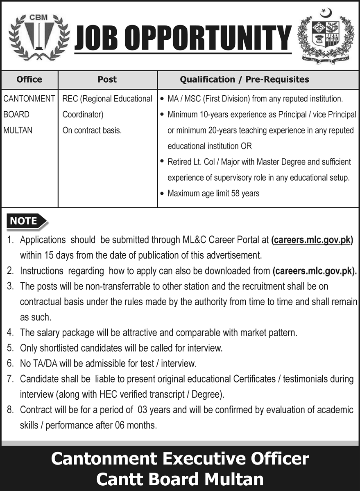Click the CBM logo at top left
pyautogui.click(x=37, y=36)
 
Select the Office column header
pyautogui.click(x=29, y=79)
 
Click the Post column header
pyautogui.click(x=107, y=79)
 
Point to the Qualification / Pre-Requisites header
pyautogui.click(x=245, y=79)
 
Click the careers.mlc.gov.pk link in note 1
pyautogui.click(x=312, y=240)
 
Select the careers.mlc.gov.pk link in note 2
pyautogui.click(x=314, y=271)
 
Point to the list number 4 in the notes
pyautogui.click(x=10, y=333)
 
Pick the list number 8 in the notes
pyautogui.click(x=10, y=410)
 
